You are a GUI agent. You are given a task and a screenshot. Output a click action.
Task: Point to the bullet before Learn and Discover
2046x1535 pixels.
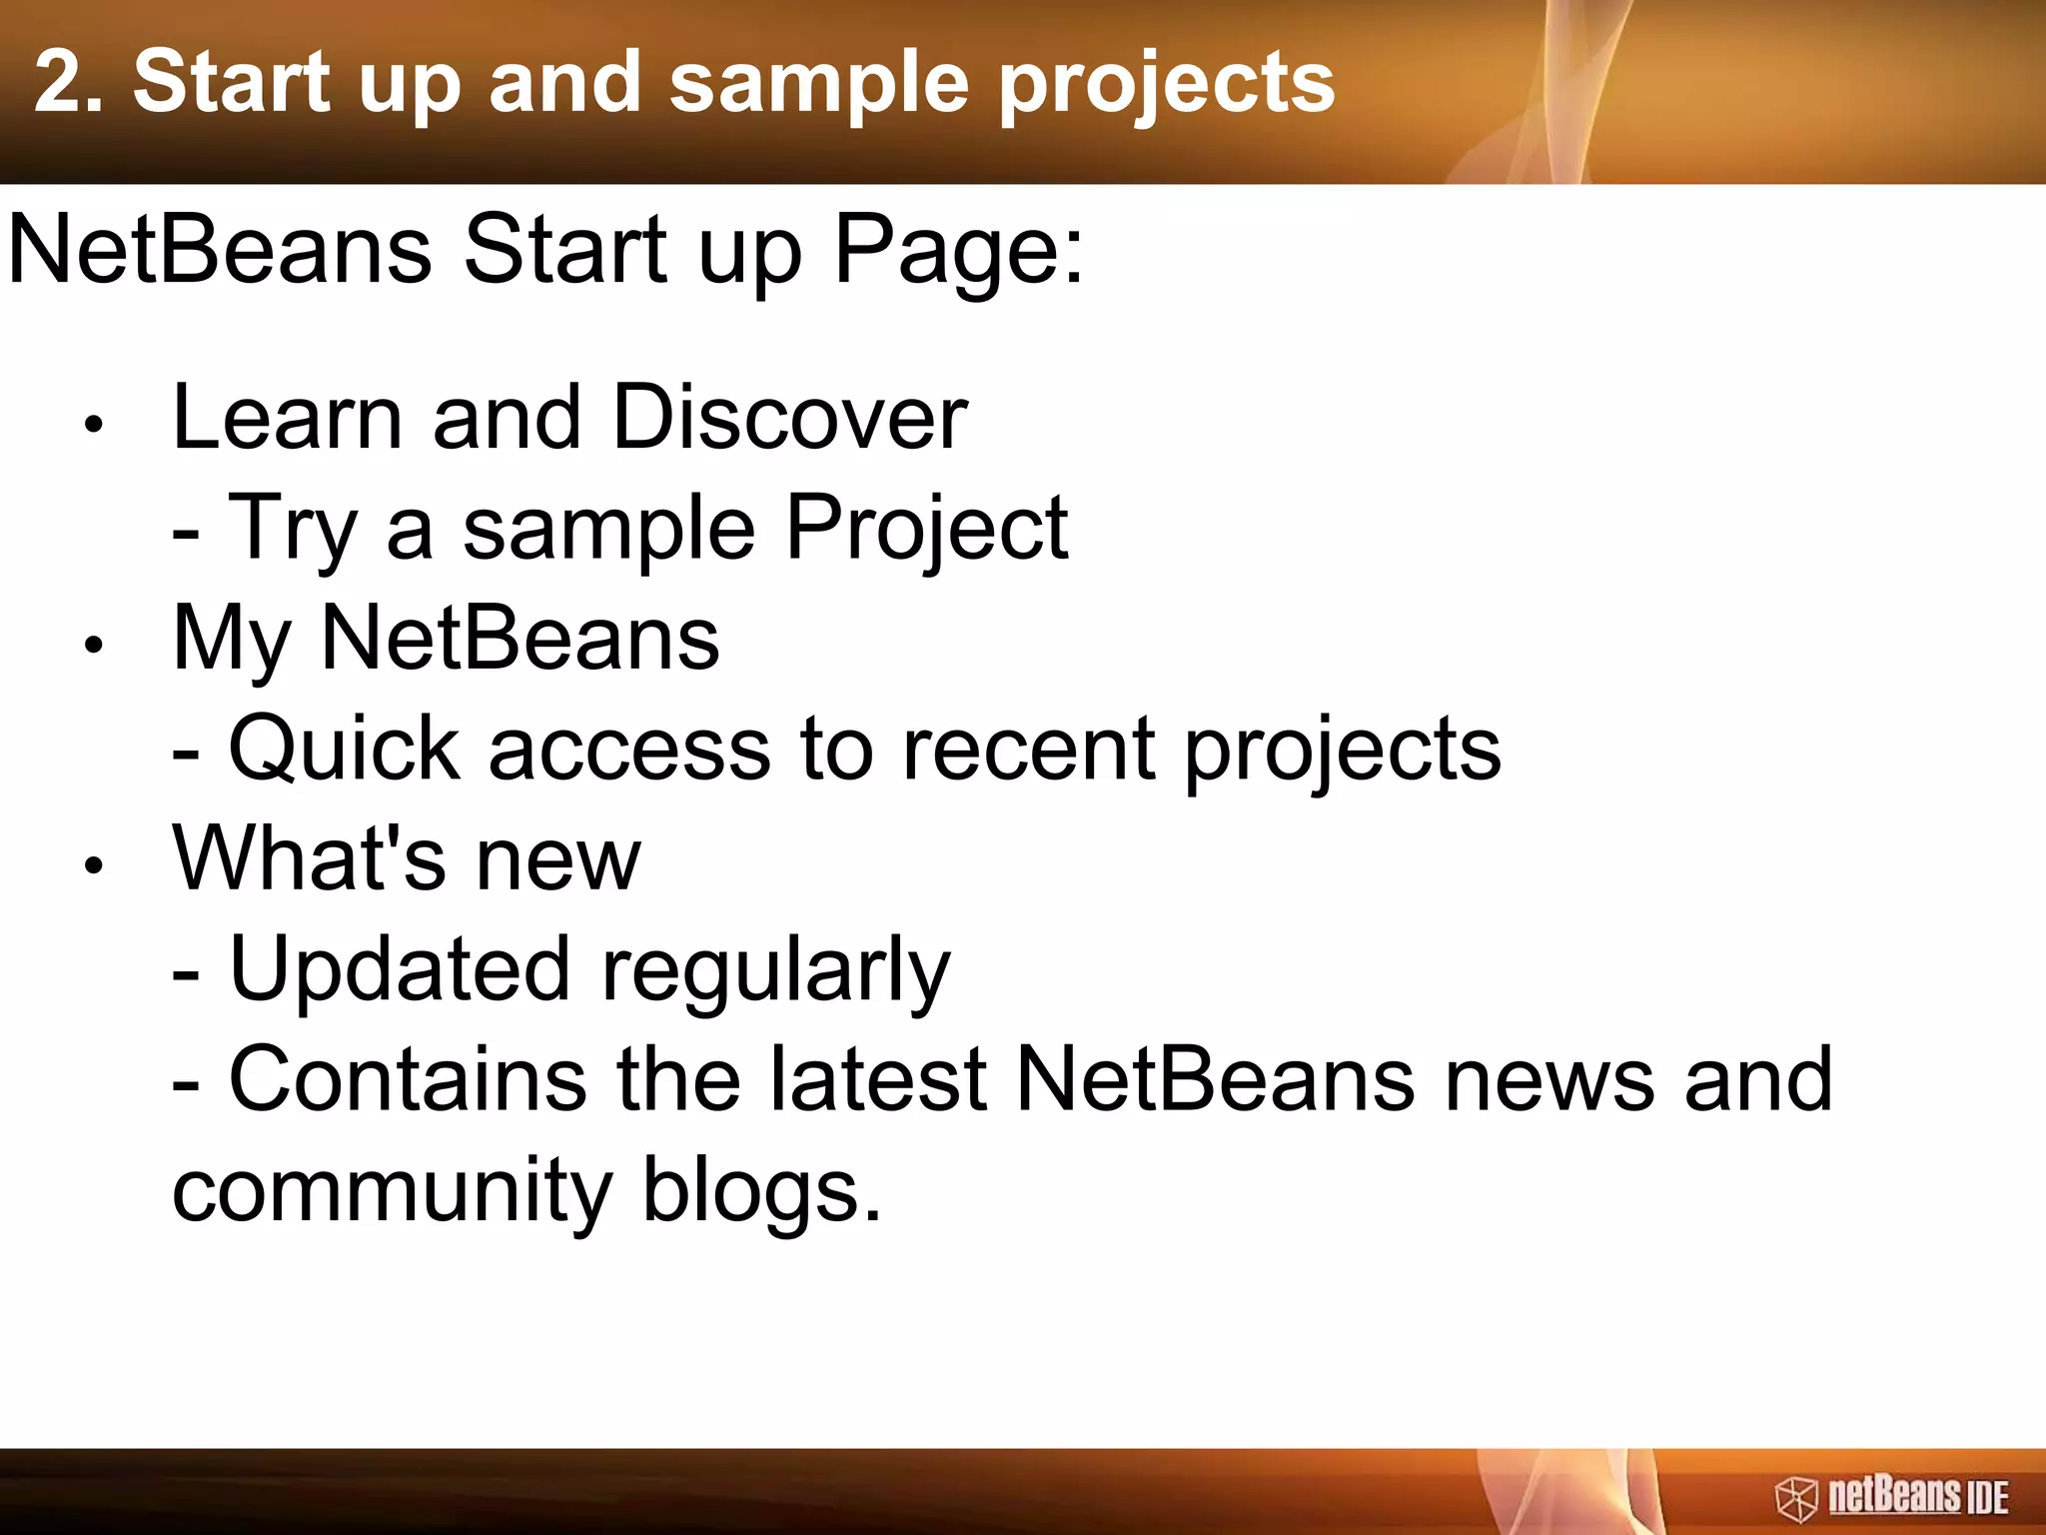[94, 425]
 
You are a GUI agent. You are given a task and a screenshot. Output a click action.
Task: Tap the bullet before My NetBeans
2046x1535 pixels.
[94, 646]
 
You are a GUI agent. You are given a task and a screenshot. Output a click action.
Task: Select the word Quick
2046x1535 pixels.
[345, 750]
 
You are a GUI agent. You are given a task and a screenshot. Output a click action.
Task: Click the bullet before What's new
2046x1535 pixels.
[94, 865]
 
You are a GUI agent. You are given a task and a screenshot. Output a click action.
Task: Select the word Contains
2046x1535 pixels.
[408, 1079]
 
